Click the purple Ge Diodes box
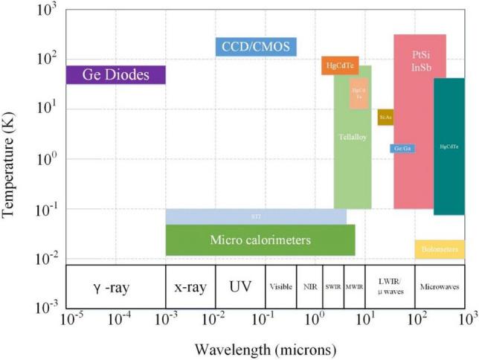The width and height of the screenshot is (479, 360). (x=115, y=74)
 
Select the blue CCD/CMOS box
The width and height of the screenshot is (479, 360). (x=256, y=48)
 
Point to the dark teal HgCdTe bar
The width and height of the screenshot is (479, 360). (x=449, y=147)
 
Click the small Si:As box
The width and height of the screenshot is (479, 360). (x=385, y=117)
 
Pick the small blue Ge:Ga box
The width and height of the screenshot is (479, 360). (x=402, y=149)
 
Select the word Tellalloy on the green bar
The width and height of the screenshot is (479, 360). (x=352, y=137)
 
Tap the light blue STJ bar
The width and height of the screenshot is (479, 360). (x=255, y=216)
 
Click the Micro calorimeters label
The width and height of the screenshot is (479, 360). (x=260, y=240)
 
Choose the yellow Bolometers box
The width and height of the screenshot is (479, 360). (x=440, y=249)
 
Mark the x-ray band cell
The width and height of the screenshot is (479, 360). (x=190, y=286)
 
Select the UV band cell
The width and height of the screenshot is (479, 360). (x=240, y=286)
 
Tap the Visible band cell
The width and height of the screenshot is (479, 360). (x=280, y=286)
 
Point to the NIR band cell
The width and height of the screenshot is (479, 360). (x=309, y=286)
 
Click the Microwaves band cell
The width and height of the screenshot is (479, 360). (x=439, y=286)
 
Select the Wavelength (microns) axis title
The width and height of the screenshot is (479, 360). (x=264, y=348)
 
